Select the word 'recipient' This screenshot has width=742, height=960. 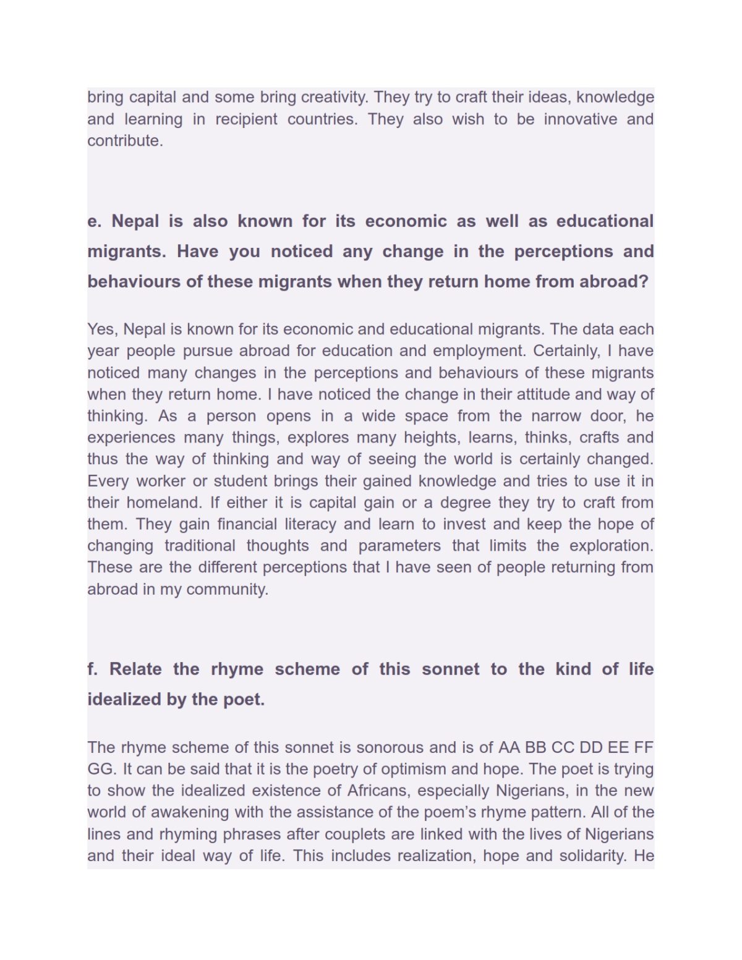click(246, 119)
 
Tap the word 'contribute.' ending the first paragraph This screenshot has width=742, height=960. click(125, 140)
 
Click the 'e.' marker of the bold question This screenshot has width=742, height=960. click(94, 221)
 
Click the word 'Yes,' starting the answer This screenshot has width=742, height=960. click(103, 329)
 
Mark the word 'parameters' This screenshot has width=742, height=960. click(399, 545)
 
